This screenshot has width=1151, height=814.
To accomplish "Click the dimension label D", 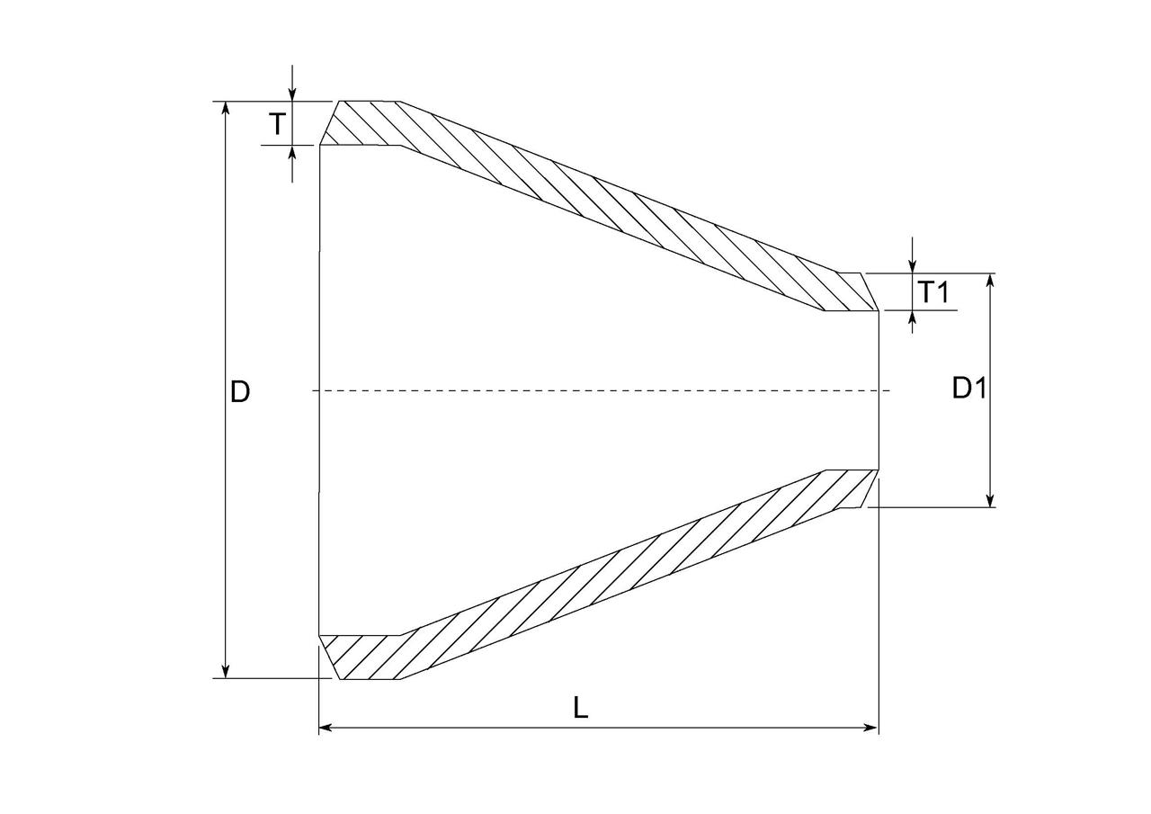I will (239, 392).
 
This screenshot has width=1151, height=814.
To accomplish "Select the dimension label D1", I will (969, 389).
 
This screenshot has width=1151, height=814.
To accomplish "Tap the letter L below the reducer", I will (581, 708).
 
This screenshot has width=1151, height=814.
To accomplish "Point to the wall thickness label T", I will (278, 124).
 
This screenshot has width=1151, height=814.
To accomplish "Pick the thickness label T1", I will (932, 292).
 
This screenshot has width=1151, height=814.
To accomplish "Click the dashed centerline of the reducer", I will (593, 390).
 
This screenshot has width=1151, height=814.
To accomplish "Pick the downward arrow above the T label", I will (292, 94).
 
